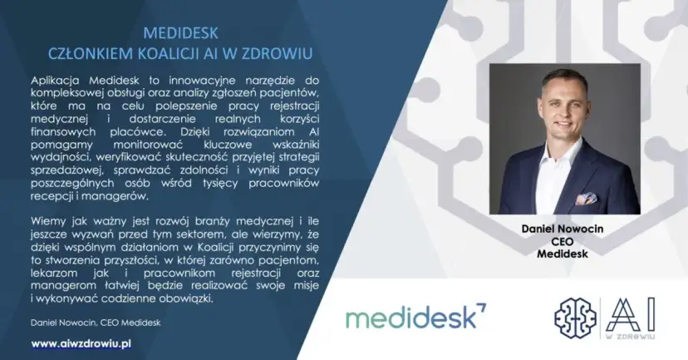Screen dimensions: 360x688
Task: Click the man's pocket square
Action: coord(586,199)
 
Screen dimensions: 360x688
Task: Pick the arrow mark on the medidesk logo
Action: coord(482,309)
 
